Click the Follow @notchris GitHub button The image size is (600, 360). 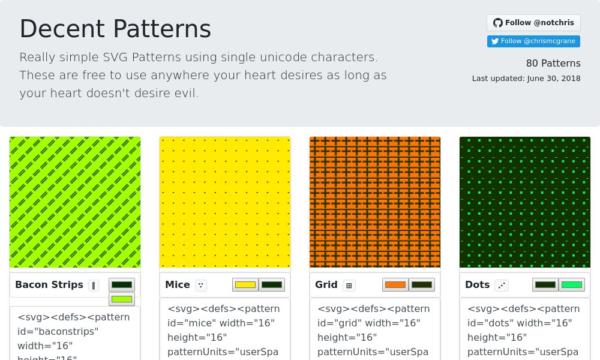pyautogui.click(x=533, y=23)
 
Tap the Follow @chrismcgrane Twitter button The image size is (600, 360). pyautogui.click(x=533, y=41)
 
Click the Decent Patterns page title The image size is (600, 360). pyautogui.click(x=115, y=29)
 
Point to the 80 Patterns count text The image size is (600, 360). pyautogui.click(x=553, y=64)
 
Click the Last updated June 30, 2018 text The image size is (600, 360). pyautogui.click(x=526, y=79)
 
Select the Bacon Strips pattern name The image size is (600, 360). pyautogui.click(x=49, y=285)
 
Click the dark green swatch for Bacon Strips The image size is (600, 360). pyautogui.click(x=122, y=285)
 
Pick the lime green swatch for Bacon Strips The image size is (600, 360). pyautogui.click(x=122, y=299)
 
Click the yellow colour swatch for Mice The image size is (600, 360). pyautogui.click(x=245, y=285)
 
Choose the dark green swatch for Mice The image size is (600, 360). pyautogui.click(x=272, y=285)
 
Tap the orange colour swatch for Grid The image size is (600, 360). pyautogui.click(x=395, y=285)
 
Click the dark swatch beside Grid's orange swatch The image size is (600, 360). pyautogui.click(x=422, y=285)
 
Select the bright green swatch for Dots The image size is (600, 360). pyautogui.click(x=572, y=285)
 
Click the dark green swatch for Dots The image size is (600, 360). pyautogui.click(x=545, y=285)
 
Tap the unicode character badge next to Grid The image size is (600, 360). pyautogui.click(x=349, y=286)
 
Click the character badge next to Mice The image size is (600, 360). pyautogui.click(x=201, y=286)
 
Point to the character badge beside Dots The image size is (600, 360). pyautogui.click(x=502, y=286)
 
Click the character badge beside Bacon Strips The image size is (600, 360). pyautogui.click(x=94, y=286)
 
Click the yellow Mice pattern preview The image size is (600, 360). pyautogui.click(x=225, y=202)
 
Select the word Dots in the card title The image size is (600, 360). pyautogui.click(x=478, y=285)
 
